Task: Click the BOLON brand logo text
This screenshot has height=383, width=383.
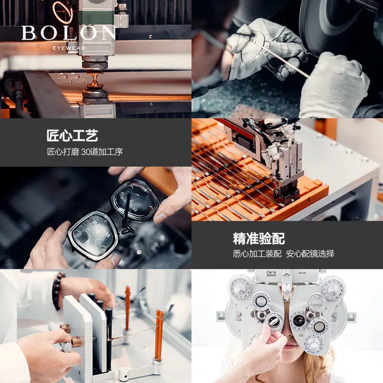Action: pos(69,33)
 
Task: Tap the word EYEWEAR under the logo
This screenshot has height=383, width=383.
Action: pos(69,48)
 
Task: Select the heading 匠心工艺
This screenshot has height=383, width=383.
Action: pos(72,136)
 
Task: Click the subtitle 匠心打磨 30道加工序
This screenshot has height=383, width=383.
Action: pos(85,151)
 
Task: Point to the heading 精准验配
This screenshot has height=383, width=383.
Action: pos(259,238)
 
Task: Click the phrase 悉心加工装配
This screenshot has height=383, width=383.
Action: pos(257,254)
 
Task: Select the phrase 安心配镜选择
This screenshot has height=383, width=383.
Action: pos(310,254)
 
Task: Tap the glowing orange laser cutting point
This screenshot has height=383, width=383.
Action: pos(95,78)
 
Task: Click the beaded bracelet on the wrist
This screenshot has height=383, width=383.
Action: pos(57,291)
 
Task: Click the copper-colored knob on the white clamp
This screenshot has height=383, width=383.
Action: pos(76,342)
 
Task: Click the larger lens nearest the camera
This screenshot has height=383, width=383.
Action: pos(92,235)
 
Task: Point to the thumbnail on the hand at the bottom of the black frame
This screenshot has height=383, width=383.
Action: pos(115,259)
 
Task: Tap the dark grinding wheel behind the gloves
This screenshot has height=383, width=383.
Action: pos(335,27)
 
